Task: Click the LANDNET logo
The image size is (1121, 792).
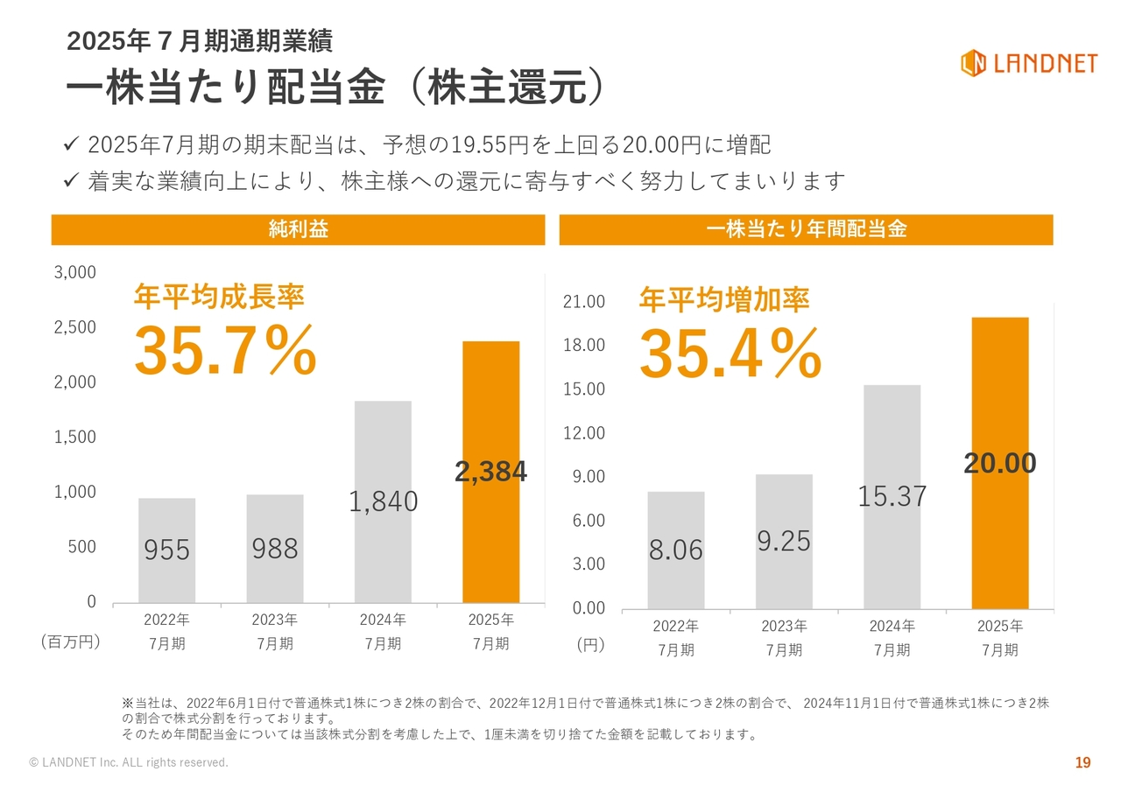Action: coord(1029,63)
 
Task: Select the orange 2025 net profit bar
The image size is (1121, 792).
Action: coord(491,472)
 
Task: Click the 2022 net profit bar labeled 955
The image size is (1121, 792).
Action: coord(166,550)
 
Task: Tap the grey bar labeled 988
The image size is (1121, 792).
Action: coord(275,549)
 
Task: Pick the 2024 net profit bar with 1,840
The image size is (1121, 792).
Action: coord(383,502)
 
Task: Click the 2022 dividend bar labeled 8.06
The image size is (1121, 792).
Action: coord(676,550)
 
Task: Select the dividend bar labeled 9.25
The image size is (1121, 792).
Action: coord(784,542)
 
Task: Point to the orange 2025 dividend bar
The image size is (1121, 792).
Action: coord(1000,463)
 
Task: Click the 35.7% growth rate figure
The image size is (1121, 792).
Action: coord(226,349)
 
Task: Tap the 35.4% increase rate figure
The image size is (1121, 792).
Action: coord(730,354)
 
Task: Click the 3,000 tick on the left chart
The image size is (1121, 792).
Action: coord(75,272)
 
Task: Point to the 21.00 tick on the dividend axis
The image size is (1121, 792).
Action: coord(584,302)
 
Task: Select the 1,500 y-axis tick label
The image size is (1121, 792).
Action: coord(75,437)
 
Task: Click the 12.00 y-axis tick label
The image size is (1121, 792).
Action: coord(584,433)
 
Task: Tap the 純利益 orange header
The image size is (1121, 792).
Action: coord(299,229)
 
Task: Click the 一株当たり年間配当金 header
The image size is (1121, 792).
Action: coord(807,229)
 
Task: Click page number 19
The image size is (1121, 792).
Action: coord(1083,762)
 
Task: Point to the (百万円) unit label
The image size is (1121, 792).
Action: coord(71,641)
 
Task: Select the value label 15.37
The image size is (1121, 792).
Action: coord(892,496)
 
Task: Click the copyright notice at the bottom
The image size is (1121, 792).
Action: coord(129,762)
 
